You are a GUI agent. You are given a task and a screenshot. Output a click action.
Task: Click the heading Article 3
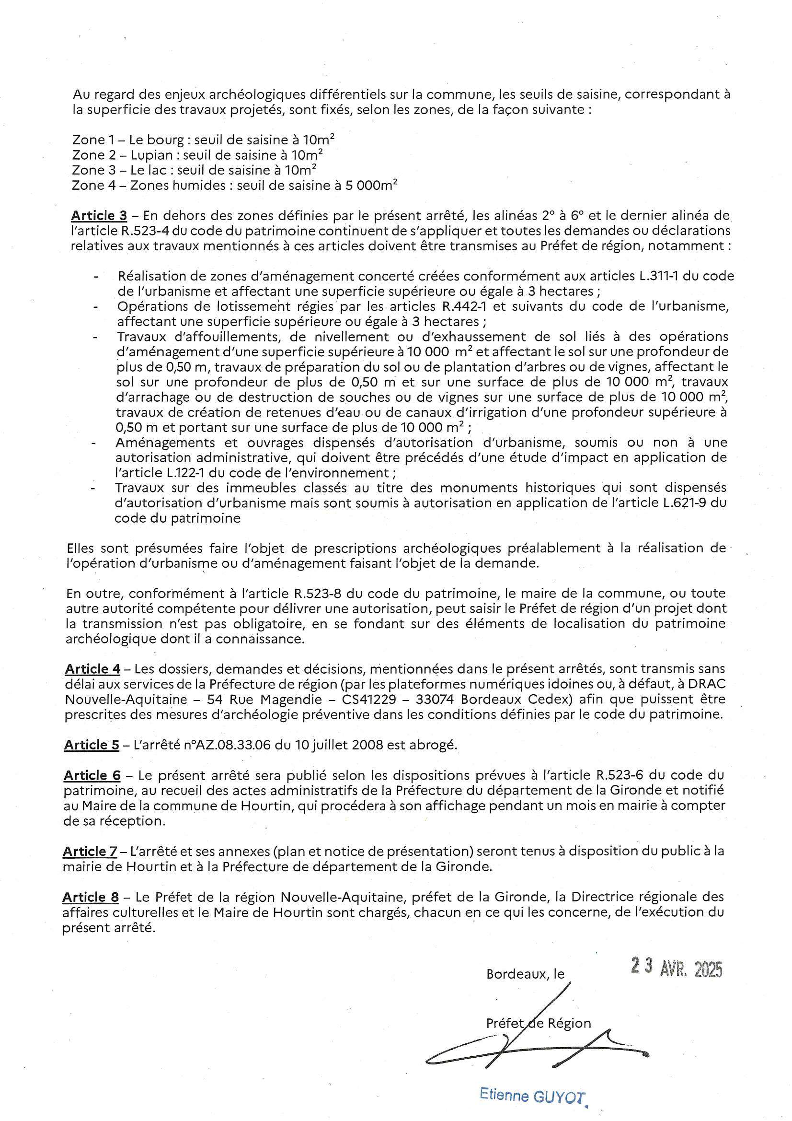pyautogui.click(x=99, y=215)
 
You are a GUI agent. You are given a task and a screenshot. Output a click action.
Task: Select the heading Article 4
pyautogui.click(x=93, y=669)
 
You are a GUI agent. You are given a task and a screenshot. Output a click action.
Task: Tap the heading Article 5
pyautogui.click(x=92, y=745)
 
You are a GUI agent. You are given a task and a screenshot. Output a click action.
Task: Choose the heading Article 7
pyautogui.click(x=90, y=852)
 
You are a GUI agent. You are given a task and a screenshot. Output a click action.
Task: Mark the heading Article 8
pyautogui.click(x=91, y=897)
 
